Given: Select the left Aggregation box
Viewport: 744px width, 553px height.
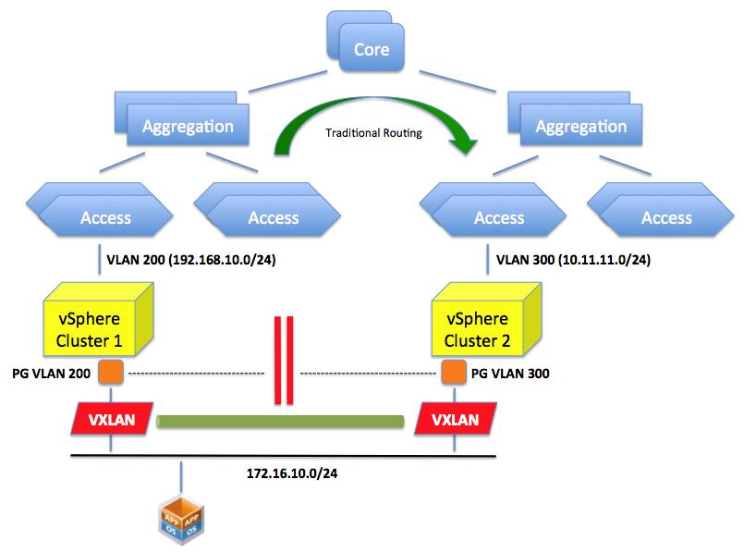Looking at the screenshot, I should (187, 126).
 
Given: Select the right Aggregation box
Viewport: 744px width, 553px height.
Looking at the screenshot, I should (580, 126).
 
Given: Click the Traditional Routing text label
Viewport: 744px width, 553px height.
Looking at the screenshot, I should (373, 133).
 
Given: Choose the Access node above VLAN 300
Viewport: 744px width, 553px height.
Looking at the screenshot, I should (499, 217).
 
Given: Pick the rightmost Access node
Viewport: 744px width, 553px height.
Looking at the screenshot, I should (665, 217).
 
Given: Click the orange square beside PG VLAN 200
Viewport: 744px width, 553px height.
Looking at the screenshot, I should (111, 375).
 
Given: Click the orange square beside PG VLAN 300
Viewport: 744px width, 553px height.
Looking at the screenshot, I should (453, 375).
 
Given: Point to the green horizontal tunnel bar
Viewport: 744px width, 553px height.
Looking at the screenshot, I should (281, 423).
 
